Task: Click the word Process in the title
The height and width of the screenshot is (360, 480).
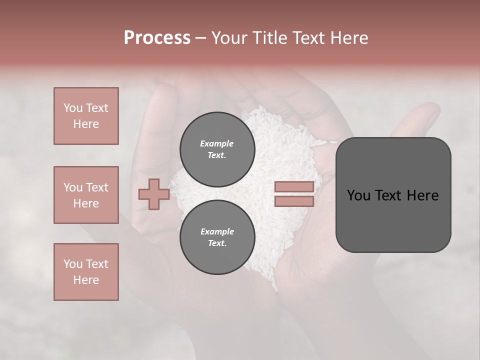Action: pos(157,38)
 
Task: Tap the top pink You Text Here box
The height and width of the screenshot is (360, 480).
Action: pos(86,116)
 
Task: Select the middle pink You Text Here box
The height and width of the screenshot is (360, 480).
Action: pos(86,195)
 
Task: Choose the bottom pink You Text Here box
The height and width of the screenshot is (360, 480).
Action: pos(86,272)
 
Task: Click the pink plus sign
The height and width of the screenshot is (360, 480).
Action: pos(154,194)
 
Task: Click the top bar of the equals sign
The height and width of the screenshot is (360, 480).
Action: pos(294,186)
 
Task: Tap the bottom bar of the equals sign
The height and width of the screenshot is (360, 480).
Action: pos(294,201)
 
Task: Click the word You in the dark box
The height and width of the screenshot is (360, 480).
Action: pos(359,195)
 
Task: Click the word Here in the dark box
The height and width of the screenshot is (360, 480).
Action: pos(422,195)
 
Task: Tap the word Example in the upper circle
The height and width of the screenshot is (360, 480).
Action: pos(217,143)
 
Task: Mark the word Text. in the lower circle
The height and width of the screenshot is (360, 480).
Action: pos(217,243)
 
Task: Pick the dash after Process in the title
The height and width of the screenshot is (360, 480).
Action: pos(200,38)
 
